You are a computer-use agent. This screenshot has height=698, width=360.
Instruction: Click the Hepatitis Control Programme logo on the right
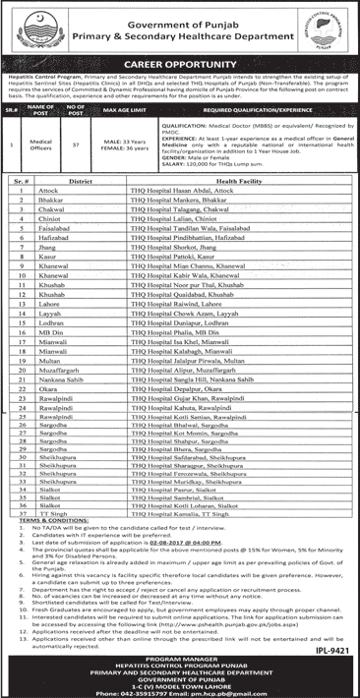[330, 29]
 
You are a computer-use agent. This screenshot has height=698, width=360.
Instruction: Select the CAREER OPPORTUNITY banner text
[180, 69]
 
